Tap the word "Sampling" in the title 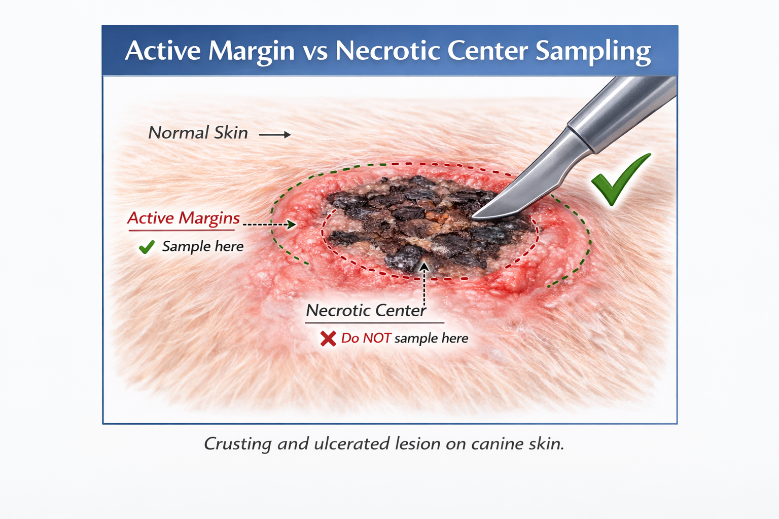(593, 52)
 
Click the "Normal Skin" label (198, 133)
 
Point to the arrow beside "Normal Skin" (275, 135)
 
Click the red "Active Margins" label (183, 218)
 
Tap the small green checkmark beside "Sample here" (147, 247)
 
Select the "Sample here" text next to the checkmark (203, 246)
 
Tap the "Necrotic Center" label (366, 310)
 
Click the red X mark (328, 339)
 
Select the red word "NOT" (377, 338)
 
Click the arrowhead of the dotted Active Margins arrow (292, 224)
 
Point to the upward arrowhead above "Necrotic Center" (424, 266)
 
